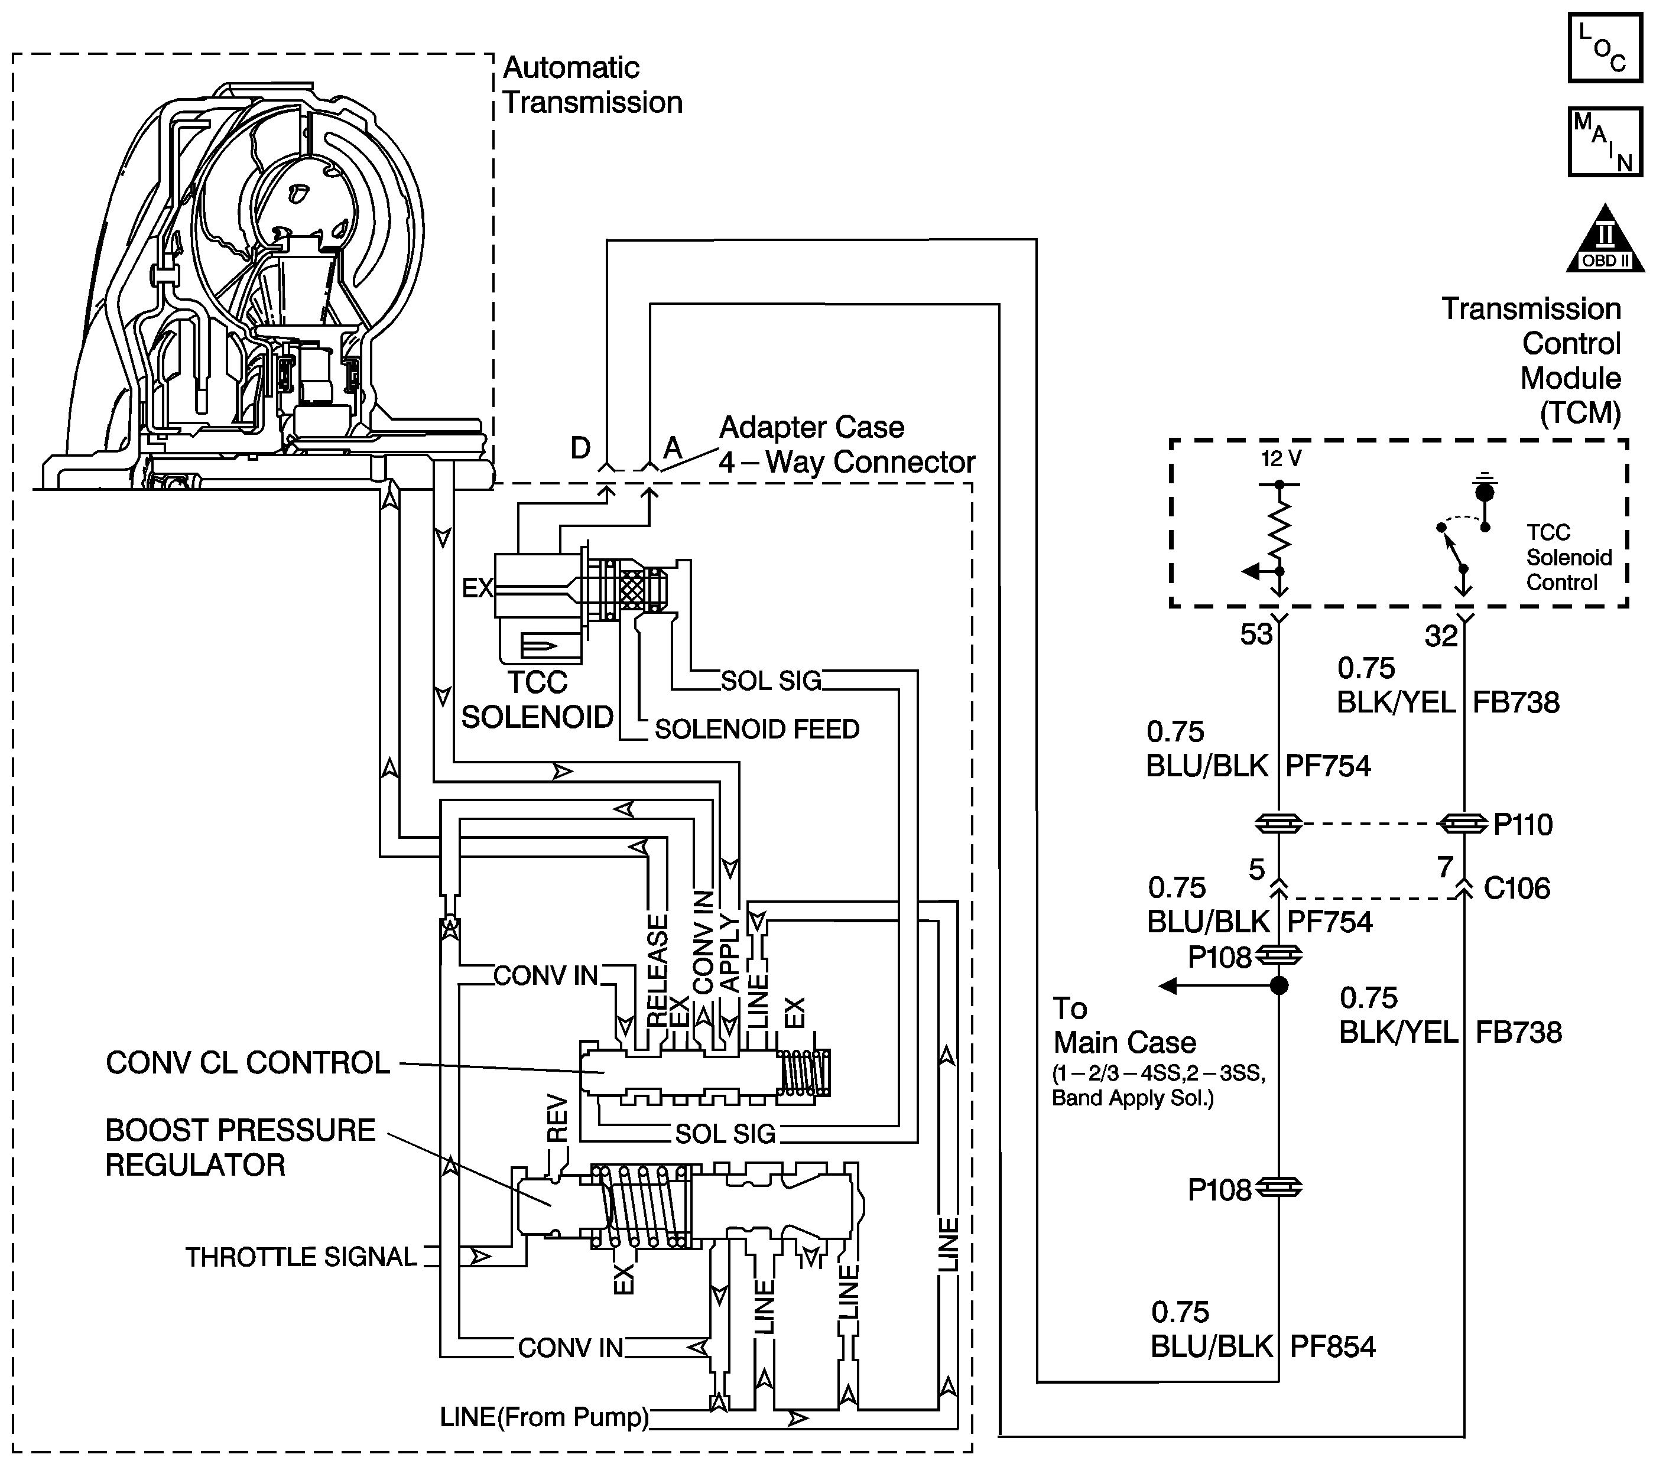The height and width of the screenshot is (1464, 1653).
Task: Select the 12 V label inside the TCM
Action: [1281, 459]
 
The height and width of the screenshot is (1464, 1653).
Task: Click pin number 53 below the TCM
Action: [1256, 635]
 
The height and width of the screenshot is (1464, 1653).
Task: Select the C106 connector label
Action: [1517, 889]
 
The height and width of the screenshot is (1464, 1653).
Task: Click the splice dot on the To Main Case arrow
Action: [1278, 985]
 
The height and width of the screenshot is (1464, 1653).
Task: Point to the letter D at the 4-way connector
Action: [581, 448]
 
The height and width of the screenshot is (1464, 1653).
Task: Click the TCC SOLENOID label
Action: [537, 700]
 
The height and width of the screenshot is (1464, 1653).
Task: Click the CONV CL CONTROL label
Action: [248, 1062]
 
